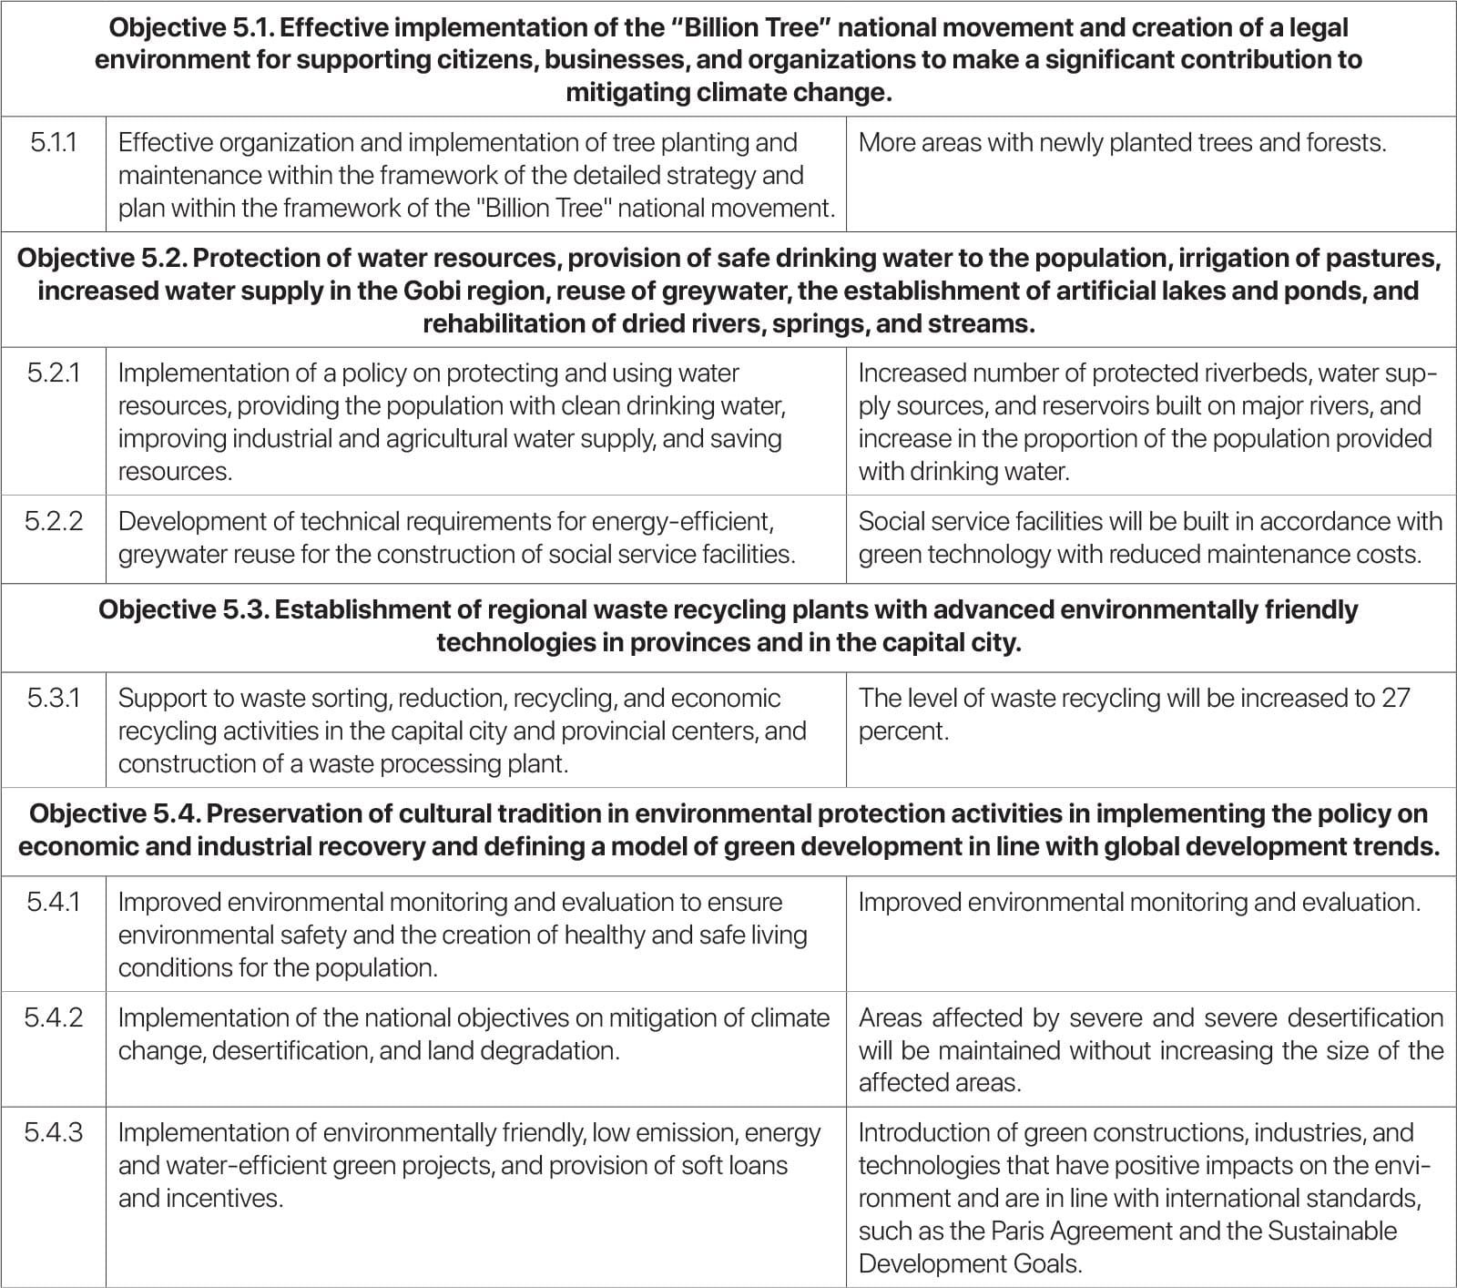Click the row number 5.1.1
click(x=53, y=142)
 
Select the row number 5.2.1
click(x=53, y=373)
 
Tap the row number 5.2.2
click(x=53, y=521)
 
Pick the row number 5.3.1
click(x=53, y=698)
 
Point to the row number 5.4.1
click(x=53, y=902)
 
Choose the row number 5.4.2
click(x=53, y=1017)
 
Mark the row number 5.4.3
click(x=53, y=1132)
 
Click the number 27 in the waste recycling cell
click(x=1395, y=698)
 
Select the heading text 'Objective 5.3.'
click(x=181, y=609)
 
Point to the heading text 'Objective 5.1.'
click(x=192, y=27)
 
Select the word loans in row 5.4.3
click(x=757, y=1165)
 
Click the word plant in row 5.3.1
click(x=537, y=763)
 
